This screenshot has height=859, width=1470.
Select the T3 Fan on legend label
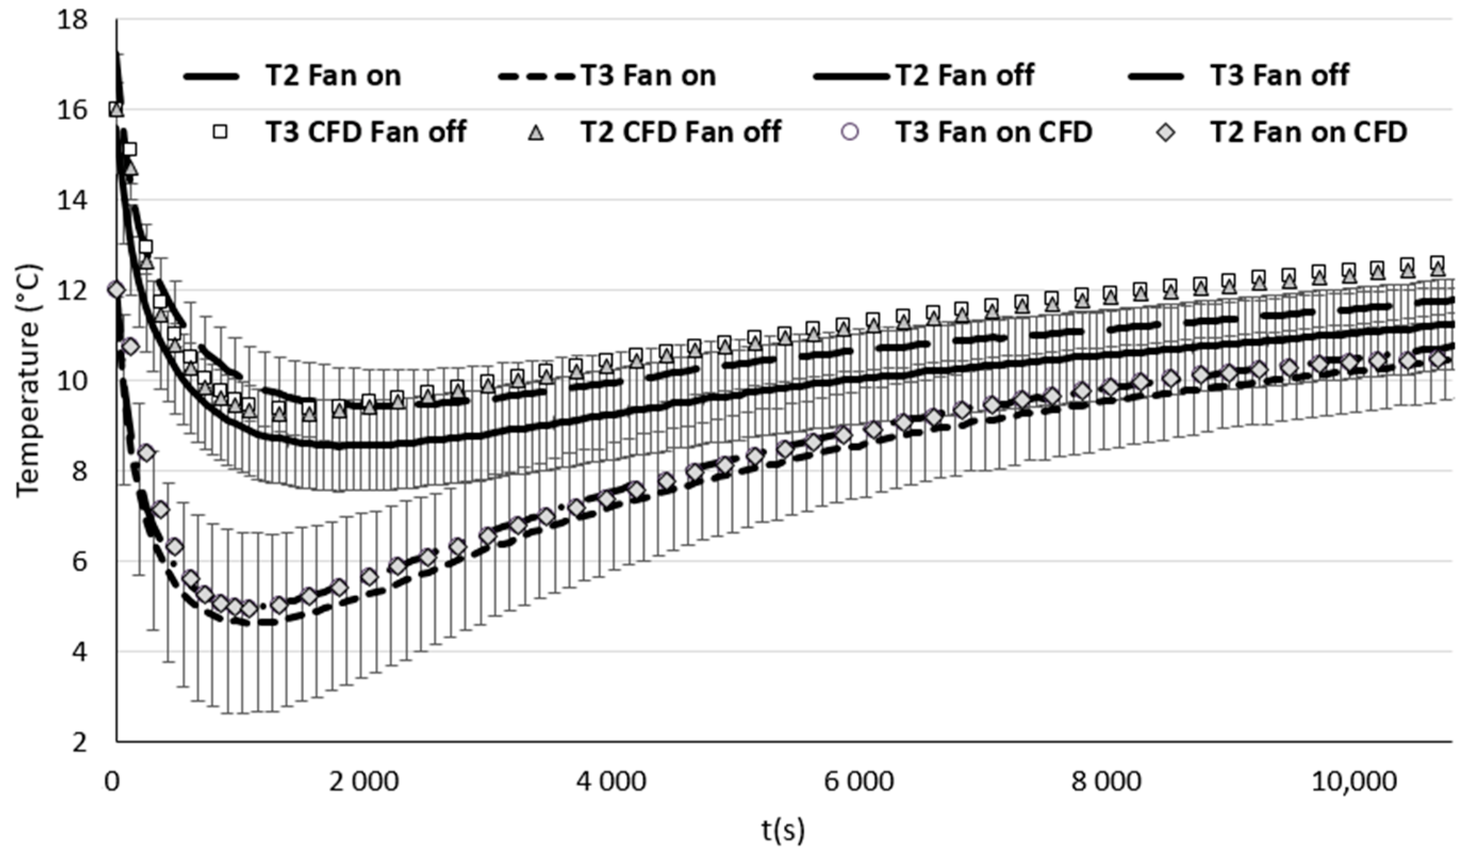tap(648, 76)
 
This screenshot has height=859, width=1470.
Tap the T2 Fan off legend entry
tap(965, 76)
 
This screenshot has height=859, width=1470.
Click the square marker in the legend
tap(220, 133)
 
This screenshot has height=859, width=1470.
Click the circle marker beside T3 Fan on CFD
tap(850, 133)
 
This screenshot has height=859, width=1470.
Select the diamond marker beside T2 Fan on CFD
tap(1166, 133)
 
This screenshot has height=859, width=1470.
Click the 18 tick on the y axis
tap(73, 20)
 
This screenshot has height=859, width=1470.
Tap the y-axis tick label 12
tap(73, 291)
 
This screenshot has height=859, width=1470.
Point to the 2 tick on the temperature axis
tap(79, 742)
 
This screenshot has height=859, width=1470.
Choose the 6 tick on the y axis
tap(79, 562)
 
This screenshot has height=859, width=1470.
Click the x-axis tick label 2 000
tap(364, 781)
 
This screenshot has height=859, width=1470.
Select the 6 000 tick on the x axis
tap(858, 781)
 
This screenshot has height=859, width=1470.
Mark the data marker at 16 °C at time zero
tap(116, 109)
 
